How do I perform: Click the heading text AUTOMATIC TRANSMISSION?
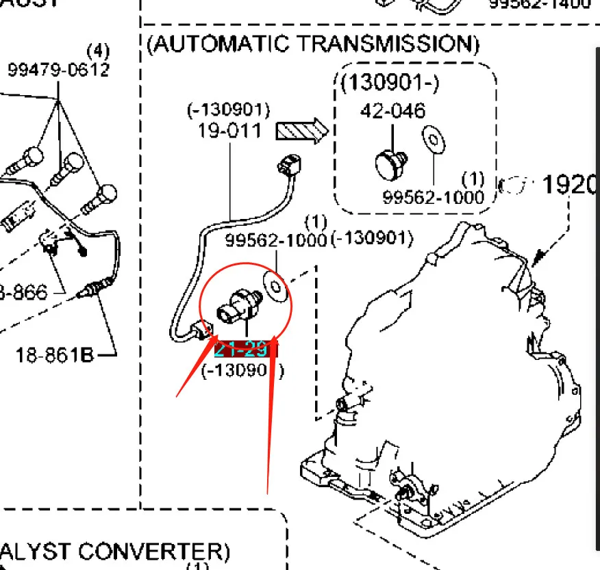tap(313, 44)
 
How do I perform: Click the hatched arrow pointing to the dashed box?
tap(302, 130)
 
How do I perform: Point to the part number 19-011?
tap(229, 130)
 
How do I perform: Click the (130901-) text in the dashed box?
tap(390, 83)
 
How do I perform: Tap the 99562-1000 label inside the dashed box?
tap(433, 197)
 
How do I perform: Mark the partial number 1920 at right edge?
tap(570, 185)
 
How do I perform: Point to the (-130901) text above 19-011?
tap(229, 109)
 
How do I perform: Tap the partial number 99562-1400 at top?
tap(540, 5)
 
